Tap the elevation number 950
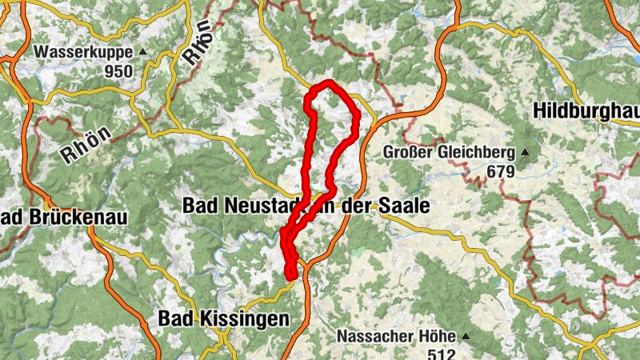coord(118,70)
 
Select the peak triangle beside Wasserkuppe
coord(143,52)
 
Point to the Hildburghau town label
coord(586,110)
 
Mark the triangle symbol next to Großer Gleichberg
coord(525,152)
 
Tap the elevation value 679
coord(500,170)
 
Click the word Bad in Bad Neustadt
coord(200,206)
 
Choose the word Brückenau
coord(76,217)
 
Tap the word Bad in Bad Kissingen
coord(174,318)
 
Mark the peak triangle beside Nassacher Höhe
coord(464,336)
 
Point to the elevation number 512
coord(439,354)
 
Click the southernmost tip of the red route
coord(292,277)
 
